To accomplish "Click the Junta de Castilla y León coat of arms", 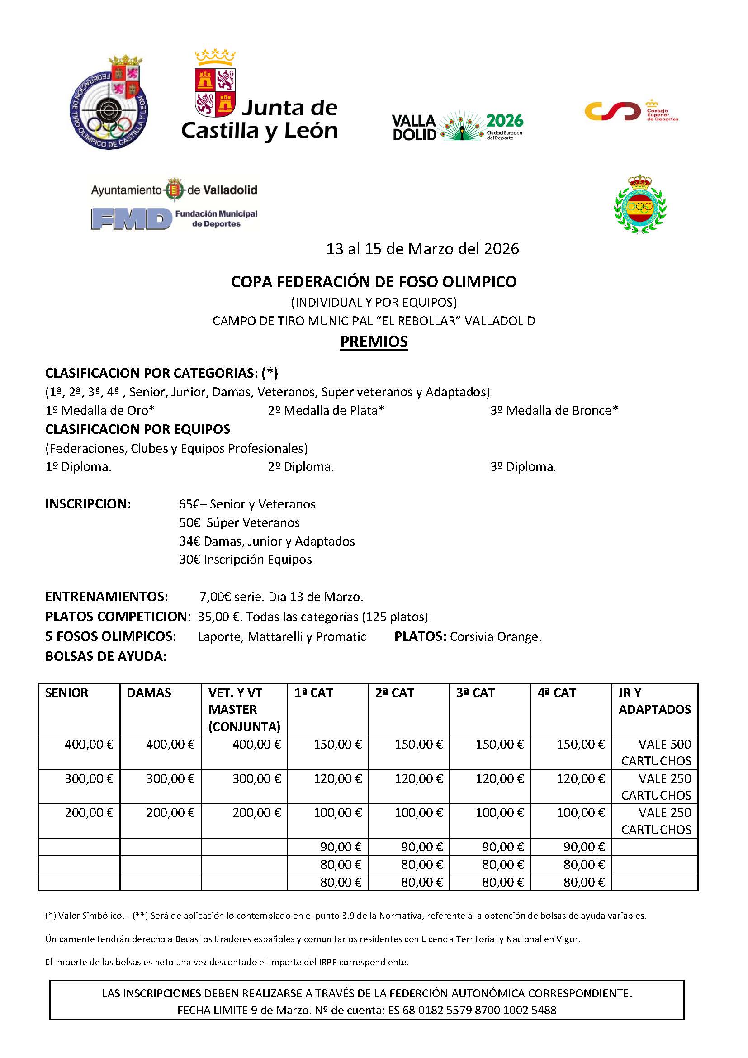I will [216, 85].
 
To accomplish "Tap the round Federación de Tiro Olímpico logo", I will [109, 102].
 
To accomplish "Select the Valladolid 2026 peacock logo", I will [457, 126].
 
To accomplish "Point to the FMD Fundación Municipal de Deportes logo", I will [174, 218].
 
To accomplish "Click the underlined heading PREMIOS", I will [374, 342].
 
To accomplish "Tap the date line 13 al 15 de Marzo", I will [422, 249].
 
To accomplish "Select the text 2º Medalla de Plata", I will [326, 410].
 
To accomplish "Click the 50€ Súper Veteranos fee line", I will [239, 522].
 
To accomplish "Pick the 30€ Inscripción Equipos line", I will [245, 559].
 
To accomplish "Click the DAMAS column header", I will [149, 693].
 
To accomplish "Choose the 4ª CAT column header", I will [556, 693].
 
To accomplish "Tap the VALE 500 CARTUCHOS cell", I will [656, 752].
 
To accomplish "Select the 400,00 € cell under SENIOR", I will [89, 744].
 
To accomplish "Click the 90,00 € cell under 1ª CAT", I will [341, 846].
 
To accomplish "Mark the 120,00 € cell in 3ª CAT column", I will [499, 778].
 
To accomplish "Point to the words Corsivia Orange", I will [495, 636].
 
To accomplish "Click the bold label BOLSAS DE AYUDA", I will [105, 656].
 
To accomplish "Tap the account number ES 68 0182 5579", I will [472, 1010].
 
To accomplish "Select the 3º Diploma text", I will [523, 466].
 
